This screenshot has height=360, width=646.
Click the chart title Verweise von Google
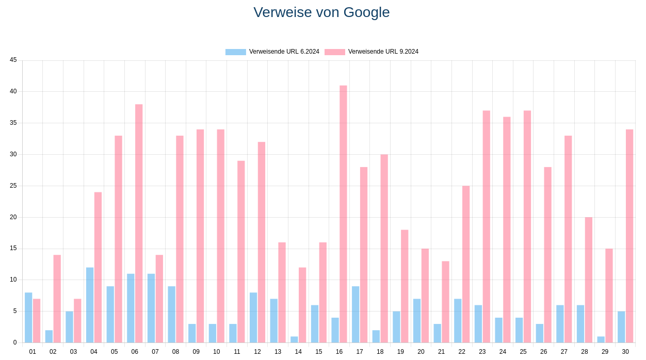pos(321,12)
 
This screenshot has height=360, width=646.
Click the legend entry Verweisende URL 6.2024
pos(272,52)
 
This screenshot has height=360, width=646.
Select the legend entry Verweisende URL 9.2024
pos(372,52)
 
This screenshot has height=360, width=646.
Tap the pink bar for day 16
pos(343,214)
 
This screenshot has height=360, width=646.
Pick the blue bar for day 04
pos(90,305)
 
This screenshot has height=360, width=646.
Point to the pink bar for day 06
pos(139,223)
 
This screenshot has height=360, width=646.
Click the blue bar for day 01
pos(28,318)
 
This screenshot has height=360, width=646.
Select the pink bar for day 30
pos(629,236)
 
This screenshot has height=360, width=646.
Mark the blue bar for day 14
pos(294,339)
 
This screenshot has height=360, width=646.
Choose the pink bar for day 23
pos(487,226)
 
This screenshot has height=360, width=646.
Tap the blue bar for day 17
pos(356,315)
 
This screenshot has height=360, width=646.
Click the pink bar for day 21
pos(445,302)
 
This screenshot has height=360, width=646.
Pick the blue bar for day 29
pos(601,339)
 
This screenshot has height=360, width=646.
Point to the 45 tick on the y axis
pos(13,60)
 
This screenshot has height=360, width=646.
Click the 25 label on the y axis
pos(13,186)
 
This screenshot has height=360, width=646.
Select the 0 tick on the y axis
pos(15,342)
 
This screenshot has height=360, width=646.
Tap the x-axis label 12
pos(257,352)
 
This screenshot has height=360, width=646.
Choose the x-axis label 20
pos(421,352)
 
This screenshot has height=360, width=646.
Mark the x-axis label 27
pos(564,352)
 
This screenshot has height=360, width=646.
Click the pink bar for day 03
pos(77,321)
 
